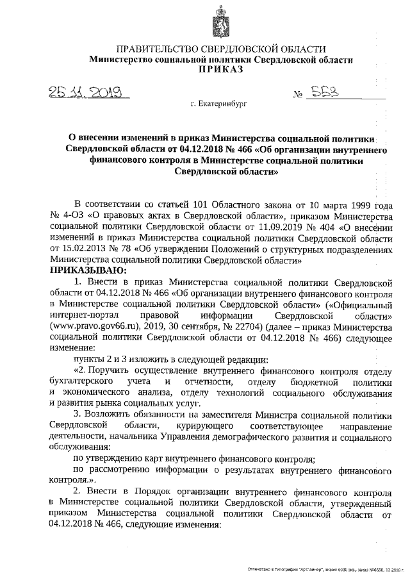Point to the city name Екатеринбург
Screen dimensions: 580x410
tap(218, 103)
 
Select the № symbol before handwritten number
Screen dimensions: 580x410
tap(298, 96)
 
